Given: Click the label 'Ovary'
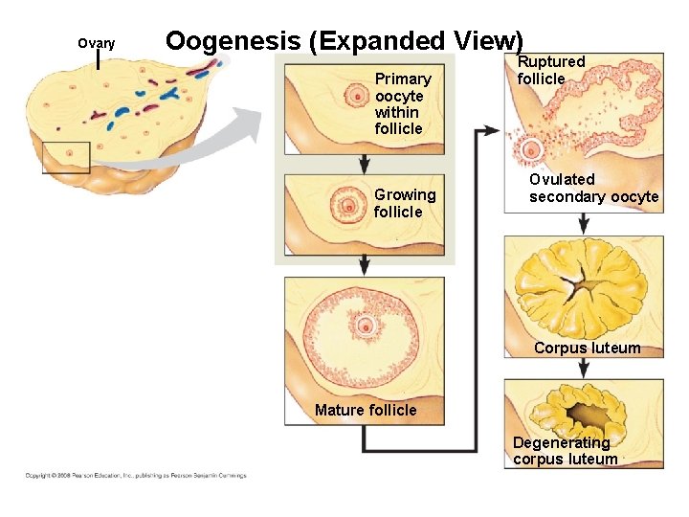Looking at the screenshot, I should [96, 43].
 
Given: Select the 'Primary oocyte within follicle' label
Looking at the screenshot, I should [402, 103].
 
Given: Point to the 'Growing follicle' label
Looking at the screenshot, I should [404, 203].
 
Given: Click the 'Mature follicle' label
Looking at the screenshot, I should [366, 411].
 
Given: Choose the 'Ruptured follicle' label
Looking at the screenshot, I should [550, 70].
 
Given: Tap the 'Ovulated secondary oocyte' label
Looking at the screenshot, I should [593, 188].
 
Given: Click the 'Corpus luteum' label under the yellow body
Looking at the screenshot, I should [587, 348].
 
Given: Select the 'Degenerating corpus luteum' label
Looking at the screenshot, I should [565, 451].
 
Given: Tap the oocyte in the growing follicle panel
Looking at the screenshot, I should [346, 204].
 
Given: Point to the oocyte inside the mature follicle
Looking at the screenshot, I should [364, 326].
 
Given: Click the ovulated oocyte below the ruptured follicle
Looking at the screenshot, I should [531, 150].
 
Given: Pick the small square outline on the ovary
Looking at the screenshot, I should [66, 157].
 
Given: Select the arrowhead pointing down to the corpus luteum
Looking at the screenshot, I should [584, 227].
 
